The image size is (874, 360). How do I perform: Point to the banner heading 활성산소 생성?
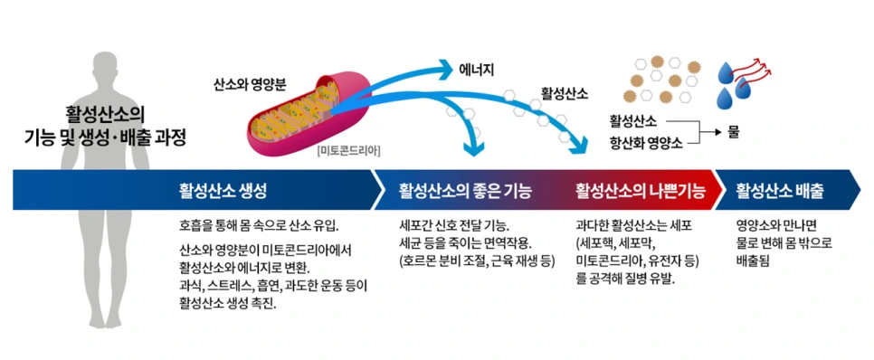click(223, 191)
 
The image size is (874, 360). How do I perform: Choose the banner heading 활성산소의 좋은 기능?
click(464, 191)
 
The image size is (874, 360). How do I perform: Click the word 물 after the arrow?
click(733, 131)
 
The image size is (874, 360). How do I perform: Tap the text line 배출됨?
click(753, 260)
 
